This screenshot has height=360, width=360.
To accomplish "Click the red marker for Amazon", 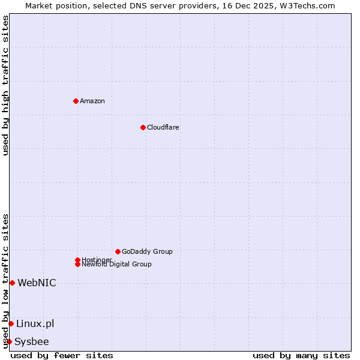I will (76, 101).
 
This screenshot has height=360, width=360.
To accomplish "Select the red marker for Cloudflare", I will (143, 127).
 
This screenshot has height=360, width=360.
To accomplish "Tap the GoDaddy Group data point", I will (118, 251).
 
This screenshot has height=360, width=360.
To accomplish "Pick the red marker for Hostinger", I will (77, 260).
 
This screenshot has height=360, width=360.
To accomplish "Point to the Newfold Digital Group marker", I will (77, 264).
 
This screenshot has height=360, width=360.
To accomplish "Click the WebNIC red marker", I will (12, 283).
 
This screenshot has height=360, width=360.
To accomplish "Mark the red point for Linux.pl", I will (11, 323).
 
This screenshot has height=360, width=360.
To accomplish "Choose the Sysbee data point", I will (9, 341).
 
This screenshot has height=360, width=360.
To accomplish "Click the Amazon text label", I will (92, 101).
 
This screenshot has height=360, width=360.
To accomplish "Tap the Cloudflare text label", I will (163, 127).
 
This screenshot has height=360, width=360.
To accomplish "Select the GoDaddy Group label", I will (147, 251).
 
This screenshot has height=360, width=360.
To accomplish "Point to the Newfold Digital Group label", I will (116, 265).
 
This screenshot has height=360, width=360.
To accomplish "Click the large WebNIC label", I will (37, 283).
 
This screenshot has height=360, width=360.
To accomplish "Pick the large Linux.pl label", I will (35, 324).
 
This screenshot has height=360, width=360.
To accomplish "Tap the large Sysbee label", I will (32, 342).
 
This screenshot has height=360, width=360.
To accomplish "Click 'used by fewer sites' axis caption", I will (62, 355).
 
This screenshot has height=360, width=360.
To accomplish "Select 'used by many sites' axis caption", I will (301, 355).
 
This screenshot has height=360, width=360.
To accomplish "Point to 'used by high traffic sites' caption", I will (5, 85).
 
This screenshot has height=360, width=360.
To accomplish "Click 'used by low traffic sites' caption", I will (5, 281).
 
